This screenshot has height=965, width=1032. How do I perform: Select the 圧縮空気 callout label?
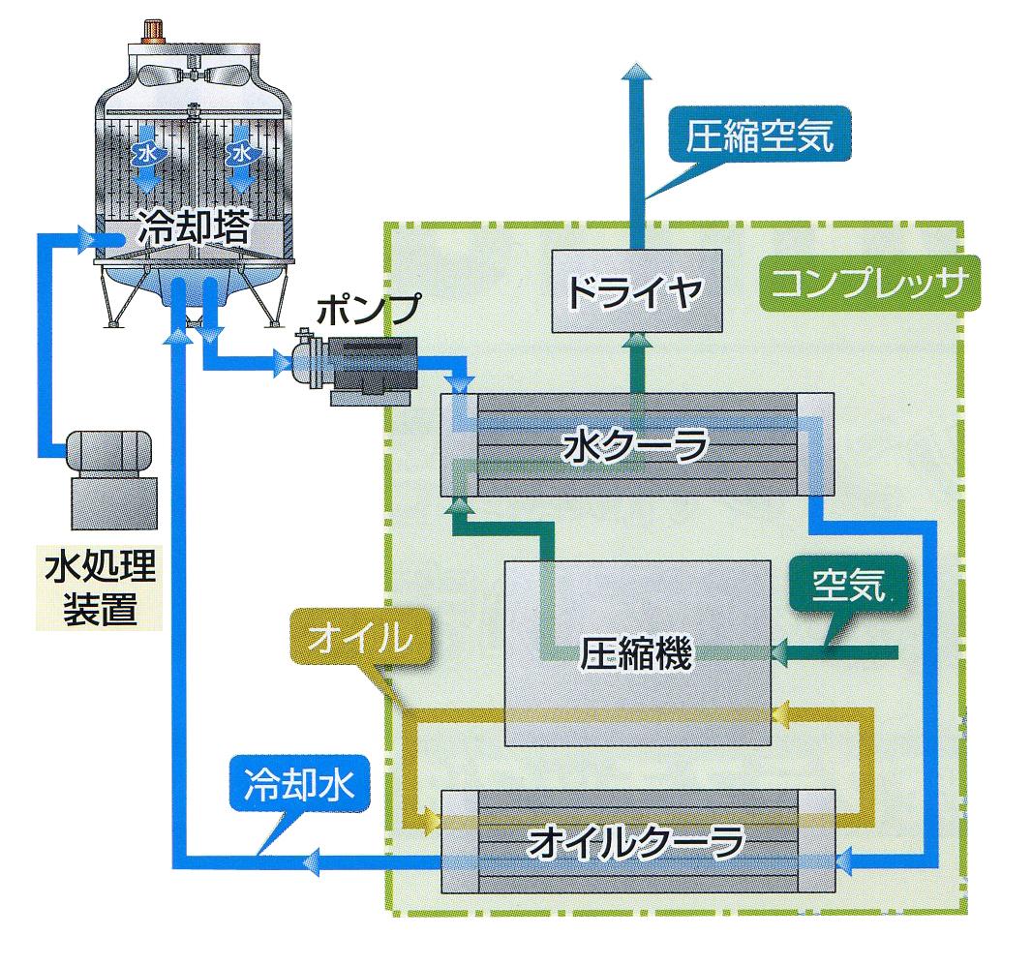click(x=759, y=136)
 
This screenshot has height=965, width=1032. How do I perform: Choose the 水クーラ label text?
click(x=636, y=446)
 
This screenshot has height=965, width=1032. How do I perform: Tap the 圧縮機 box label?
click(x=636, y=654)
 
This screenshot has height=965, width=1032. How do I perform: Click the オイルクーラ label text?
click(x=636, y=842)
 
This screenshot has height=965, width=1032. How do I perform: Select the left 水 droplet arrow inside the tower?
click(x=146, y=156)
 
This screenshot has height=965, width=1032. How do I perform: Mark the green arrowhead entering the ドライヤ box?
click(x=637, y=342)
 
